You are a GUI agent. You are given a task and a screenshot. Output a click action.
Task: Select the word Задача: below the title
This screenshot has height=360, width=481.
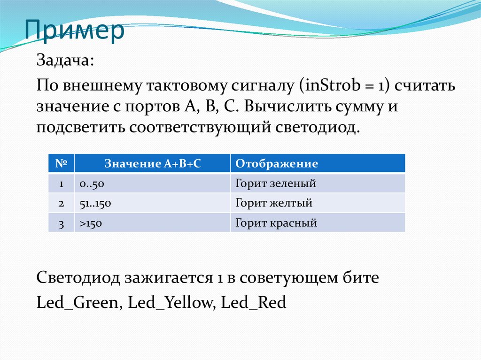[65, 61]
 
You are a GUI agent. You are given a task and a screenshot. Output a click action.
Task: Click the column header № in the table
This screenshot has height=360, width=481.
[62, 163]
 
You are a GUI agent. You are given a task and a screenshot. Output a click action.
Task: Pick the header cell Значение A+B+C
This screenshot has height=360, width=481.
[152, 163]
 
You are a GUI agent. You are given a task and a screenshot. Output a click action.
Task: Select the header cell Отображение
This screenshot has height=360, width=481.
[276, 163]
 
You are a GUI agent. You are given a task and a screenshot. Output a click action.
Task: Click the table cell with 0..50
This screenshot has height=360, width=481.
[92, 184]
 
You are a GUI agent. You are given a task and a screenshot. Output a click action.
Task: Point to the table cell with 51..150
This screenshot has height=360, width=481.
[95, 203]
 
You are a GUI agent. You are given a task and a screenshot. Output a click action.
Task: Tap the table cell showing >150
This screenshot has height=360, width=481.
[91, 223]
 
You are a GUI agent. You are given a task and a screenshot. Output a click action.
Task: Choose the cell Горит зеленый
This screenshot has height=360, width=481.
[275, 184]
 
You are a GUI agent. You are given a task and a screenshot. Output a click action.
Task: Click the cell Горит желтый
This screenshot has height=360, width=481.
[273, 203]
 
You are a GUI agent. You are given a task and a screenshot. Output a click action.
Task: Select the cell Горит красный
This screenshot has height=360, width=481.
[276, 223]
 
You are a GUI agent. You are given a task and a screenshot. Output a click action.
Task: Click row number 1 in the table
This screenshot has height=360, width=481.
[61, 184]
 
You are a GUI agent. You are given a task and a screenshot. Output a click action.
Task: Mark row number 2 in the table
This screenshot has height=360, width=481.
[61, 203]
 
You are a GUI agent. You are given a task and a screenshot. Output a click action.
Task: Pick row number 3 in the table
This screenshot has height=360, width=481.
[61, 223]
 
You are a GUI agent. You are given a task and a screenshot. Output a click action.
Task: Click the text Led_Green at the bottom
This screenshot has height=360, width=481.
[77, 303]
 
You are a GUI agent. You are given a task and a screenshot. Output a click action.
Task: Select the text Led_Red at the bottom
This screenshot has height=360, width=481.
[253, 303]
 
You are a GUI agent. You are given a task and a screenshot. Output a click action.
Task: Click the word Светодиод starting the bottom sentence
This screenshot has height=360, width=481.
[78, 278]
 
